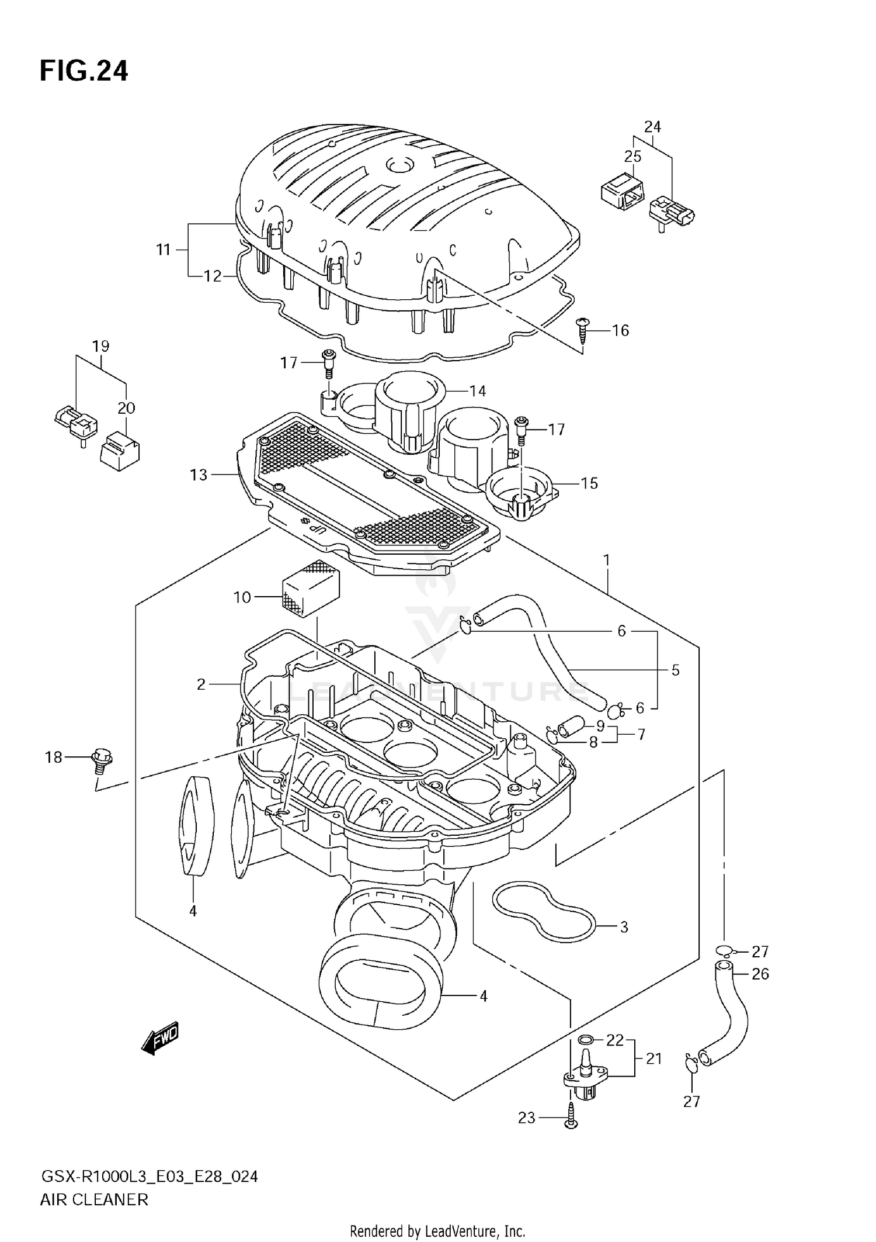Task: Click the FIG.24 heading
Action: (84, 71)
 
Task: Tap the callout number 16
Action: (620, 331)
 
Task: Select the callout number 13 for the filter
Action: (199, 475)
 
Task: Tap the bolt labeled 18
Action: (102, 760)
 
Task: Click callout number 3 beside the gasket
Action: (624, 927)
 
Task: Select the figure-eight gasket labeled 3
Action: (543, 912)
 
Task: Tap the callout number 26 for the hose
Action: (760, 974)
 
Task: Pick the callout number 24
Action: (652, 127)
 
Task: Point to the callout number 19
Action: (100, 346)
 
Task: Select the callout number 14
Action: (477, 390)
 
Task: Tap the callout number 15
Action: (589, 483)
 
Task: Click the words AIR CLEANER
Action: (94, 1200)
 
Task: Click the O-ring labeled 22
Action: (586, 1039)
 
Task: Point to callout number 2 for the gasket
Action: (201, 684)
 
